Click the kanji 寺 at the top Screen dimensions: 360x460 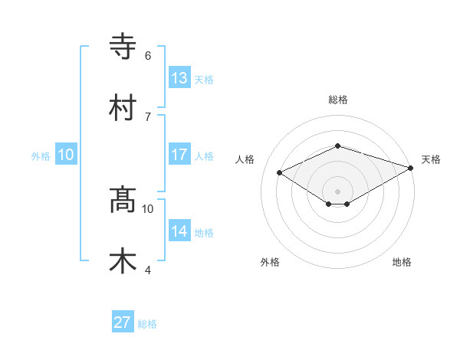pyautogui.click(x=123, y=47)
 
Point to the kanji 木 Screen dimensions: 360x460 pyautogui.click(x=123, y=261)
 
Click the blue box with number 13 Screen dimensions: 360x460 pyautogui.click(x=179, y=77)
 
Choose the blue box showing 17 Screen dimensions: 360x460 pyautogui.click(x=179, y=155)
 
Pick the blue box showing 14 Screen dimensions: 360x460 pyautogui.click(x=179, y=231)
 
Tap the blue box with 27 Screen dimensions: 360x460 pyautogui.click(x=123, y=322)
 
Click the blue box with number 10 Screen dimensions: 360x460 pyautogui.click(x=66, y=155)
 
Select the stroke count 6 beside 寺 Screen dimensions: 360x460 pyautogui.click(x=147, y=55)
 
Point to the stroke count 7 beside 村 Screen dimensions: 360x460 pyautogui.click(x=147, y=116)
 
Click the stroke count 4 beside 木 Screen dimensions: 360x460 pyautogui.click(x=147, y=270)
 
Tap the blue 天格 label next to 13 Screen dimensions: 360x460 pyautogui.click(x=204, y=79)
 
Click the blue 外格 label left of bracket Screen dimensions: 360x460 pyautogui.click(x=41, y=155)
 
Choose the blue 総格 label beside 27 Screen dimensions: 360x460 pyautogui.click(x=147, y=324)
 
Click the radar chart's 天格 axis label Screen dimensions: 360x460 pyautogui.click(x=432, y=159)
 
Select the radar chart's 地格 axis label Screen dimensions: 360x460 pyautogui.click(x=402, y=262)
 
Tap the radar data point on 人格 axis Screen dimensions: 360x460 pyautogui.click(x=280, y=172)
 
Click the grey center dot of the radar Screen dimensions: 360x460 pyautogui.click(x=337, y=191)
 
